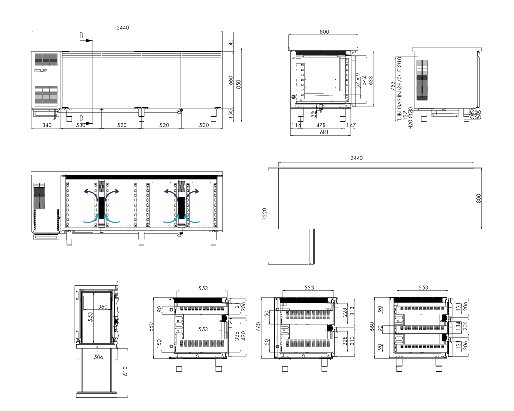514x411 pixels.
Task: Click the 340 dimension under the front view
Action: point(47,125)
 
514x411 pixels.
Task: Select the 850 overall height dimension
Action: point(238,84)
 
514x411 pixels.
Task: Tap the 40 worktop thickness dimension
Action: point(231,42)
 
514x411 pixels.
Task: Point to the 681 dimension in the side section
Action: point(324,132)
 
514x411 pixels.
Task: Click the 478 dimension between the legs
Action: point(321,125)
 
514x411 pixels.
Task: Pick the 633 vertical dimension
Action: point(371,80)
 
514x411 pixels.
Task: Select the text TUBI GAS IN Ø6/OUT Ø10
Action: point(399,88)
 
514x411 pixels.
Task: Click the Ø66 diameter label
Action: point(475,112)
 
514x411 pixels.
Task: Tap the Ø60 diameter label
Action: point(475,117)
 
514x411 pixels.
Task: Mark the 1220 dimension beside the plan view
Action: point(265,214)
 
